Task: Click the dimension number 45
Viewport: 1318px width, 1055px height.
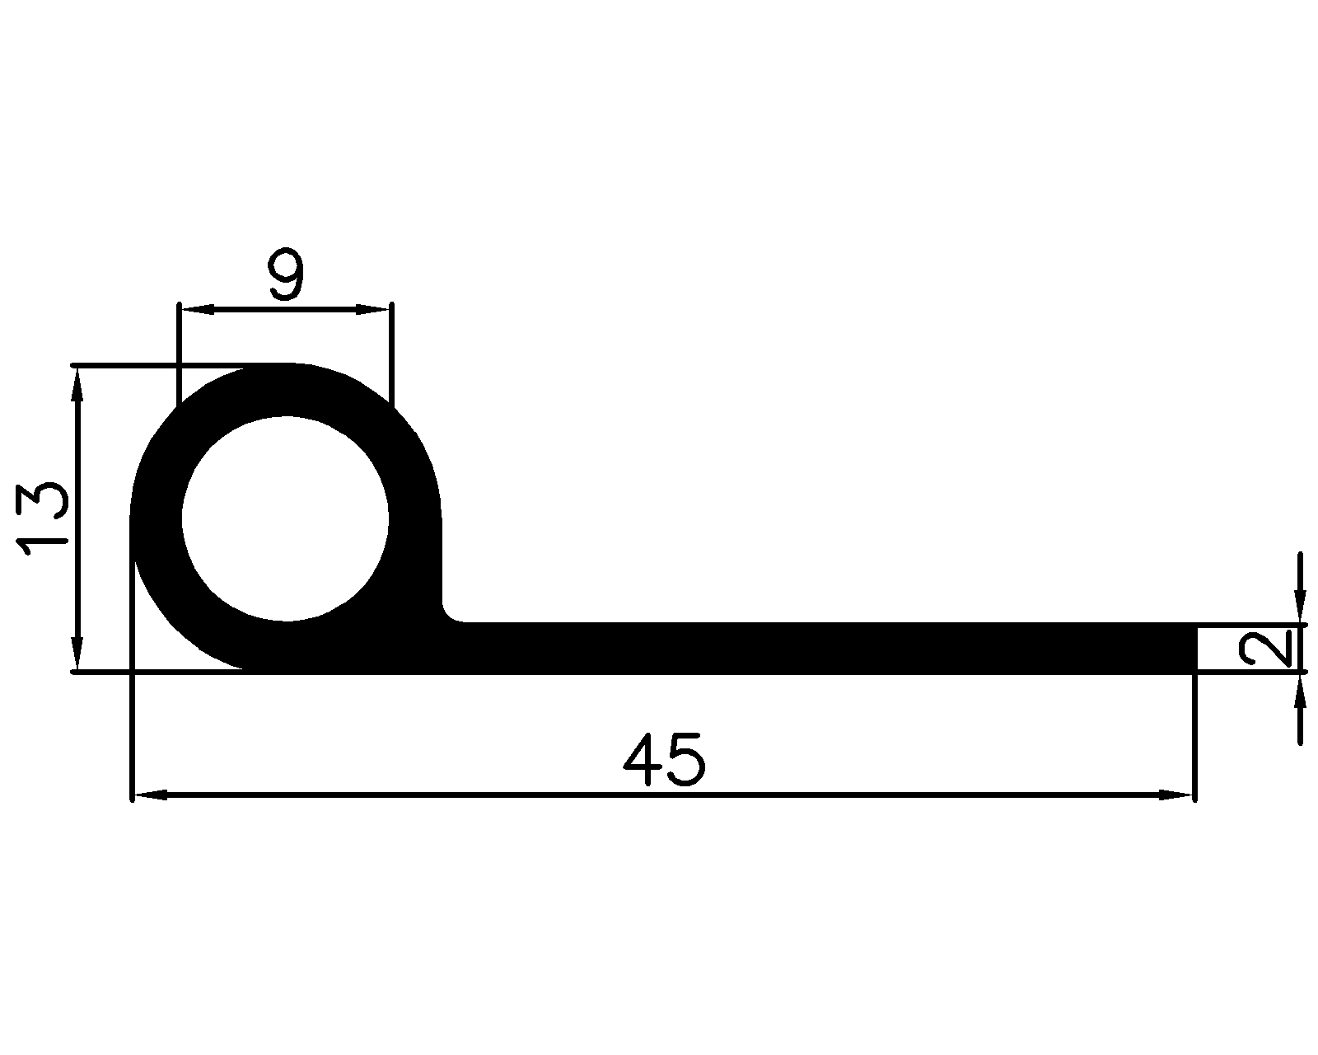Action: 664,759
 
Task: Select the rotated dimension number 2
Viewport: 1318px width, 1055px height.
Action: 1267,649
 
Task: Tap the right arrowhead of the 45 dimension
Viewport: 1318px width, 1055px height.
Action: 1176,795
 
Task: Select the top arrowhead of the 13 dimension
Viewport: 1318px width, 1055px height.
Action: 77,384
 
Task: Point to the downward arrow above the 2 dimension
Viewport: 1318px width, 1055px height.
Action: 1300,610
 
